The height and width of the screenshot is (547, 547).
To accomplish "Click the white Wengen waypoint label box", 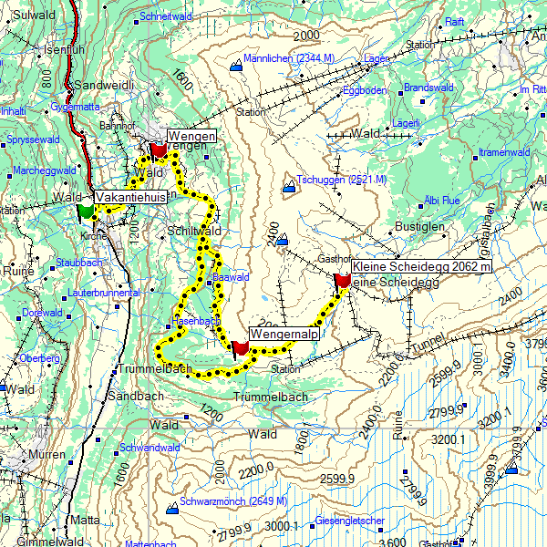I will tap(191, 136).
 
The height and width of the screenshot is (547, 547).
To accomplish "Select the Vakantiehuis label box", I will tap(130, 196).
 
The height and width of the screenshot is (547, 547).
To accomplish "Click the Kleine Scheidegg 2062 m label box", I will tap(421, 266).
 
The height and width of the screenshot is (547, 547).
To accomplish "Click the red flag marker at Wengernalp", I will tap(240, 348).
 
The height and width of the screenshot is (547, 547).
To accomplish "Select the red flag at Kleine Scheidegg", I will tap(343, 280).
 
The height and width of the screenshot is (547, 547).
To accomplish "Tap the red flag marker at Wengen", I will tap(158, 149).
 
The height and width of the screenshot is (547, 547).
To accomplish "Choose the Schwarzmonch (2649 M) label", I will tap(232, 501).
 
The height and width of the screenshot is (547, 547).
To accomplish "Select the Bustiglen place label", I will tap(418, 224).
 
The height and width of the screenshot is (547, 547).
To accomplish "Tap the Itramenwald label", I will tap(505, 151).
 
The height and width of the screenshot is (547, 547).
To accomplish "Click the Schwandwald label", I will tap(149, 448).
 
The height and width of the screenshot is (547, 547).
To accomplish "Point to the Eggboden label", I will tap(364, 90).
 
